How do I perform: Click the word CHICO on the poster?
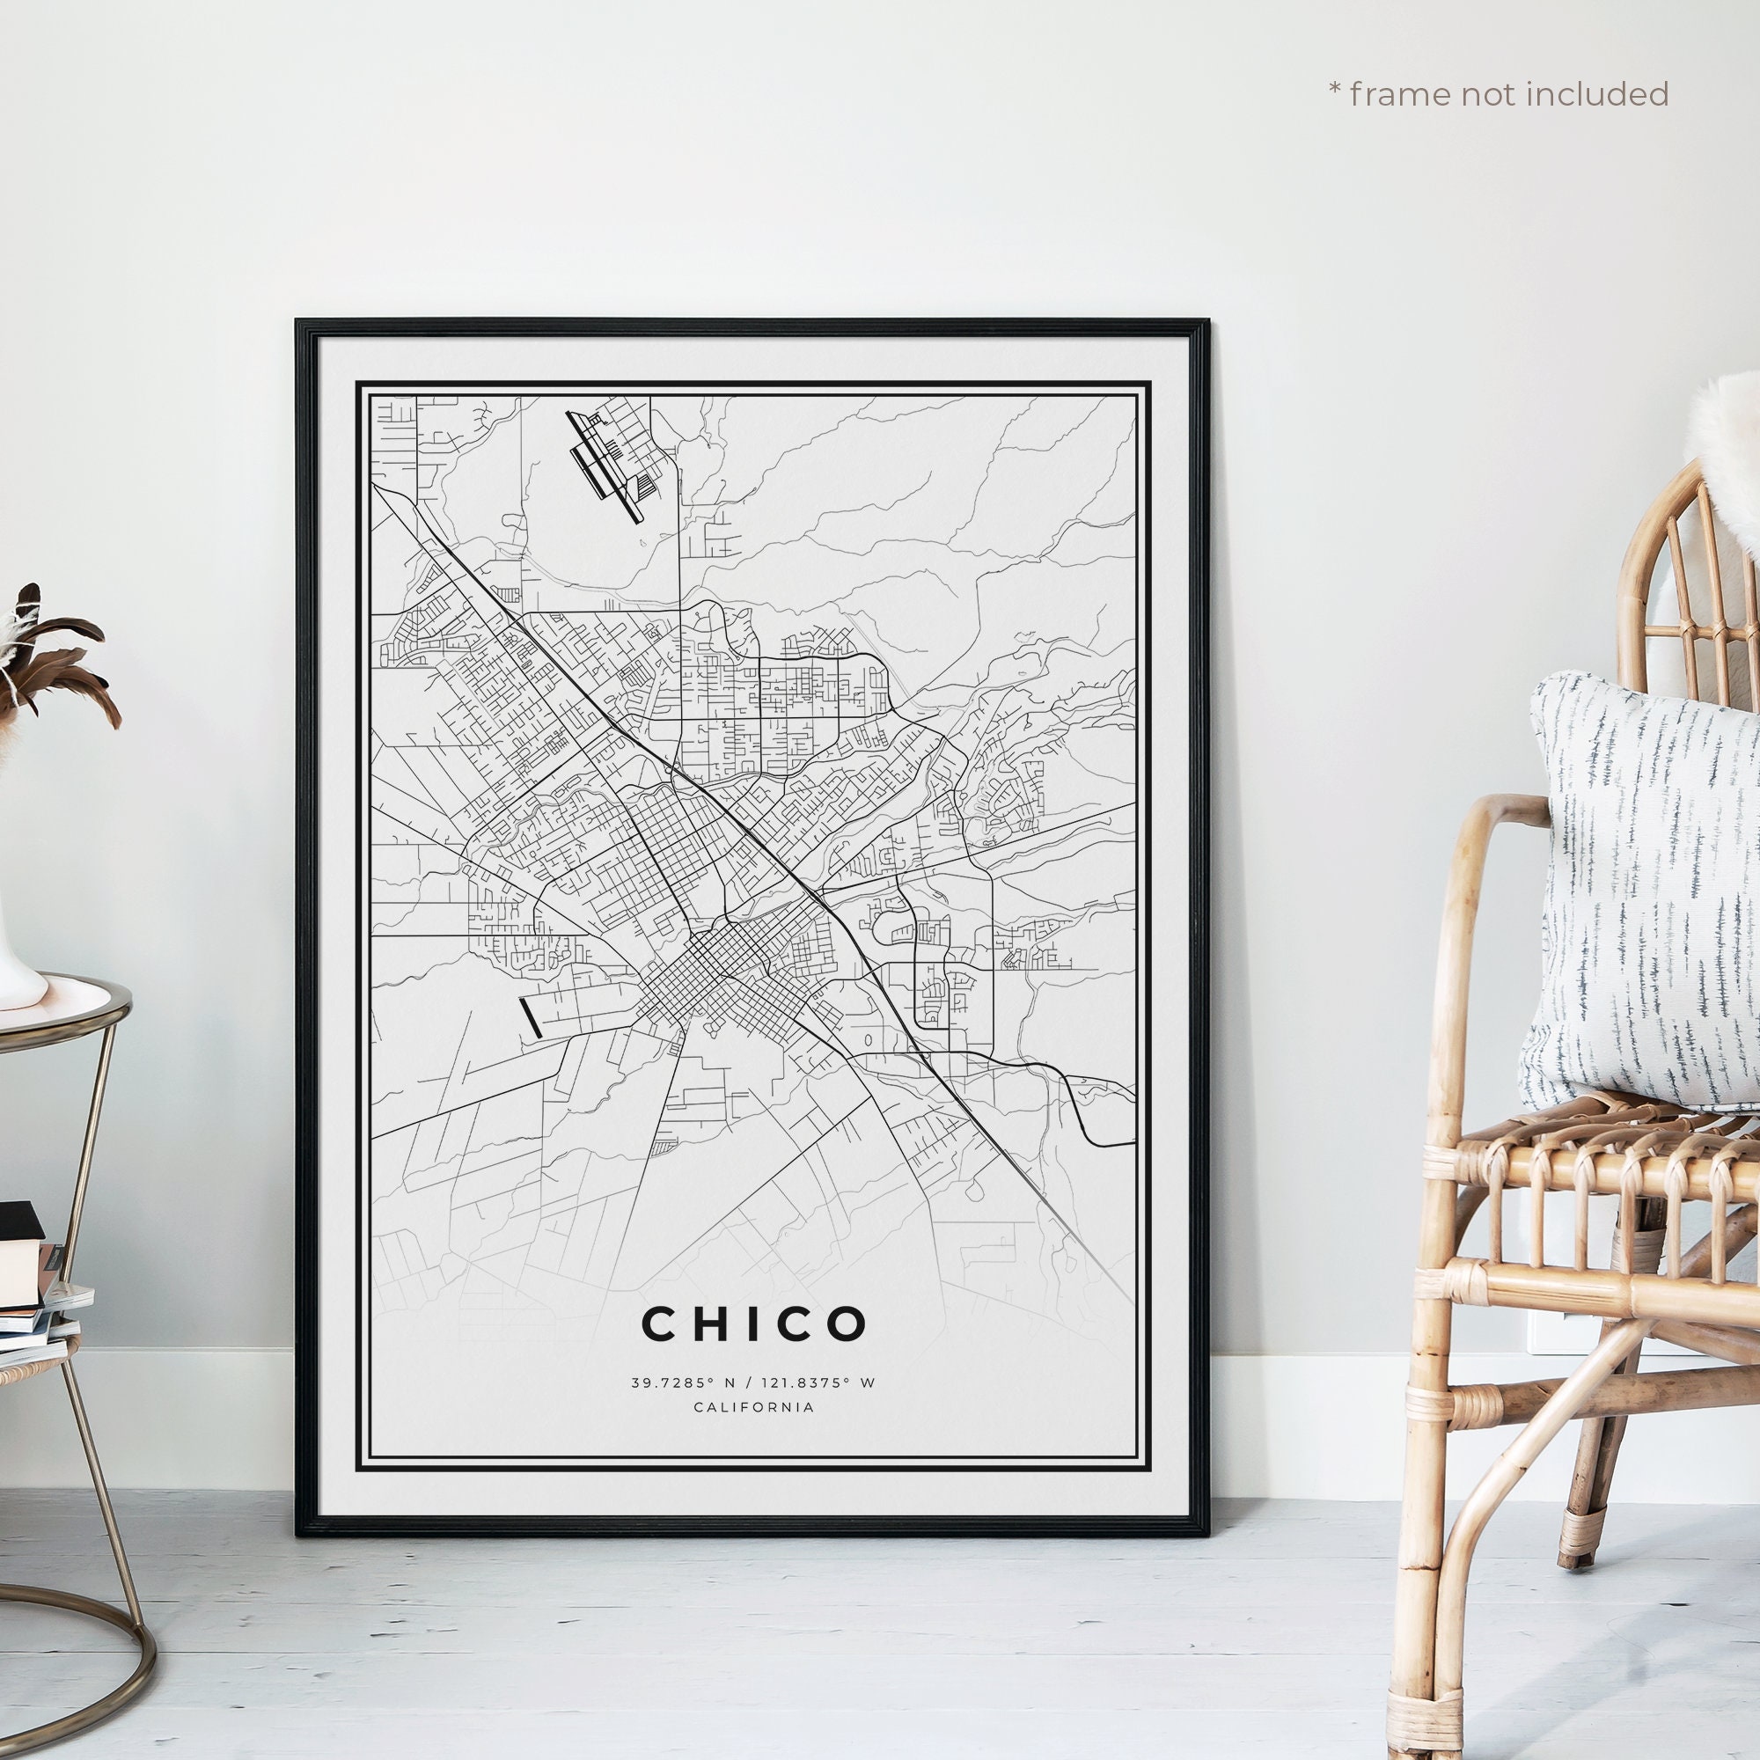pos(754,1324)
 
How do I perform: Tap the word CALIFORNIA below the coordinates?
pos(753,1407)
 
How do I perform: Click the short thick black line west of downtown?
pos(529,1016)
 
